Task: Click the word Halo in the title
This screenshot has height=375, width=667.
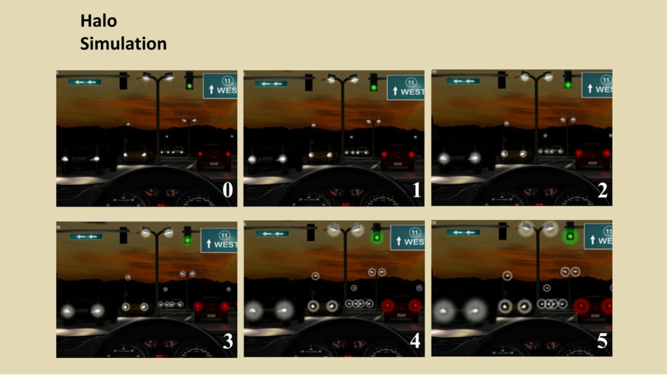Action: pyautogui.click(x=99, y=21)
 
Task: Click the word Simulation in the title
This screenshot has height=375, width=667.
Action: pyautogui.click(x=123, y=44)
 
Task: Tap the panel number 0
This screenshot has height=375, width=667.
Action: pyautogui.click(x=227, y=190)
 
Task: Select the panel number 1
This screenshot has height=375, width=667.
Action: pyautogui.click(x=416, y=190)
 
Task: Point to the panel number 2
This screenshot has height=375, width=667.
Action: pyautogui.click(x=603, y=190)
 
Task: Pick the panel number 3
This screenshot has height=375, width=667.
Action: pyautogui.click(x=228, y=341)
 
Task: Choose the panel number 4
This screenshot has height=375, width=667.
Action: pyautogui.click(x=415, y=341)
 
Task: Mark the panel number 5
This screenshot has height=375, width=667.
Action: pyautogui.click(x=603, y=341)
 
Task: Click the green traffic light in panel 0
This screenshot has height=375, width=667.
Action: pyautogui.click(x=190, y=81)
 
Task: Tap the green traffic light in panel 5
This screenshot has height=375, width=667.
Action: pyautogui.click(x=570, y=233)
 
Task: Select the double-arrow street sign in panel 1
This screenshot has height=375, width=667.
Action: pyautogui.click(x=271, y=84)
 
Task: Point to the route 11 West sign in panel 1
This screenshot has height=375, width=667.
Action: pyautogui.click(x=406, y=87)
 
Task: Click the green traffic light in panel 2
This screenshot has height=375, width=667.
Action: pyautogui.click(x=568, y=80)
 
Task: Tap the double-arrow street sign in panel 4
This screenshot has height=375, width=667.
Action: pyautogui.click(x=272, y=234)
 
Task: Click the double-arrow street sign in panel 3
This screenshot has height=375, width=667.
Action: pyautogui.click(x=86, y=236)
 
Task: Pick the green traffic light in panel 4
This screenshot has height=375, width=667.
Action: pyautogui.click(x=376, y=234)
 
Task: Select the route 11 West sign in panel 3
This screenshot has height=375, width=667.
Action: pyautogui.click(x=219, y=240)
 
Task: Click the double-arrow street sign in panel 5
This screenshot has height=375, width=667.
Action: pyautogui.click(x=463, y=232)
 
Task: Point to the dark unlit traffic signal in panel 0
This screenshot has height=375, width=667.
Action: pyautogui.click(x=123, y=81)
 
